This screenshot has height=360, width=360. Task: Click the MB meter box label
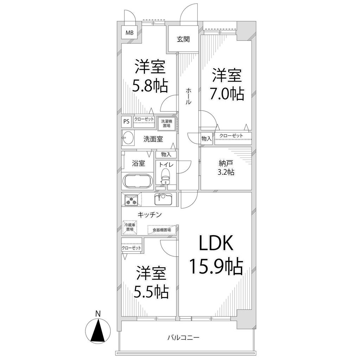coord(129,33)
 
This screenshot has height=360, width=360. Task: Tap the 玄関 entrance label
coord(183,39)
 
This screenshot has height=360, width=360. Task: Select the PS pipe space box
coord(127,121)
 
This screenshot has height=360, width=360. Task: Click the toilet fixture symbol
coord(165,176)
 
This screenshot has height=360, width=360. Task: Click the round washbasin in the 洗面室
coord(128,138)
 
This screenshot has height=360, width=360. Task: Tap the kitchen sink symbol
coord(163,199)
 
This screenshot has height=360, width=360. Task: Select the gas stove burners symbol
coord(131,199)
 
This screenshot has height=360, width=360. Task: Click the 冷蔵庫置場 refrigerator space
coord(129,227)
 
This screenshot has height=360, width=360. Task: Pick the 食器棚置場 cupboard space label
coord(162,230)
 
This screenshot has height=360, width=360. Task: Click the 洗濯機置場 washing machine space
coord(166,123)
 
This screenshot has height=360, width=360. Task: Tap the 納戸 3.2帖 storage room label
coord(226,168)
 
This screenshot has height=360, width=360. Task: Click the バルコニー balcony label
coord(183,337)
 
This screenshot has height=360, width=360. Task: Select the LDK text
coord(216,243)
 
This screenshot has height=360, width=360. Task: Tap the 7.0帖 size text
coord(226,94)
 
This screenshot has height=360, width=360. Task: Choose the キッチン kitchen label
coord(150,215)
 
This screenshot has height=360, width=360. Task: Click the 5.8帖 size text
coord(150,85)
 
